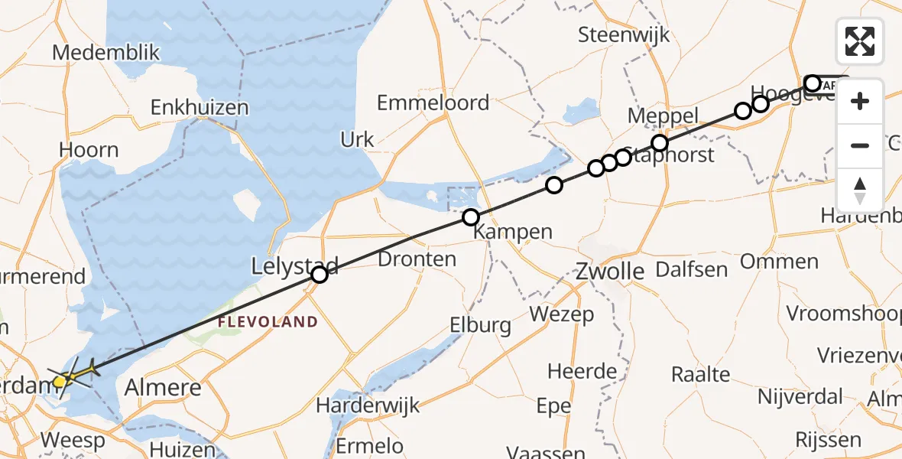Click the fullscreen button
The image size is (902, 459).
[x=860, y=41]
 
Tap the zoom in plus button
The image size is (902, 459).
[x=860, y=101]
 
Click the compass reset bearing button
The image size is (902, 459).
[x=860, y=190]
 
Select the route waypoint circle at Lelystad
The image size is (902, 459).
[x=320, y=274]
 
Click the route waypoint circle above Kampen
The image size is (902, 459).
[x=470, y=217]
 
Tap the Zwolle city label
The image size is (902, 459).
[x=609, y=271]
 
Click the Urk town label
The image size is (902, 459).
[x=357, y=139]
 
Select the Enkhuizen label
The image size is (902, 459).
[x=200, y=107]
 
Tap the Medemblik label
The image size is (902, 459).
[x=106, y=53]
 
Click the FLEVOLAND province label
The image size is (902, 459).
[x=267, y=322]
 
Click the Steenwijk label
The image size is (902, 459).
[x=624, y=34]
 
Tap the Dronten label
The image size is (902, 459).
[x=417, y=259]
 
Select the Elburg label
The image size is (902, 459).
[x=481, y=325]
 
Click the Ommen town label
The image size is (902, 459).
[x=779, y=262]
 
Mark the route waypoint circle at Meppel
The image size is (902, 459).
[x=659, y=143]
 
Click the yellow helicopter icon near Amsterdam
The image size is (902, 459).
[x=69, y=376]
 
